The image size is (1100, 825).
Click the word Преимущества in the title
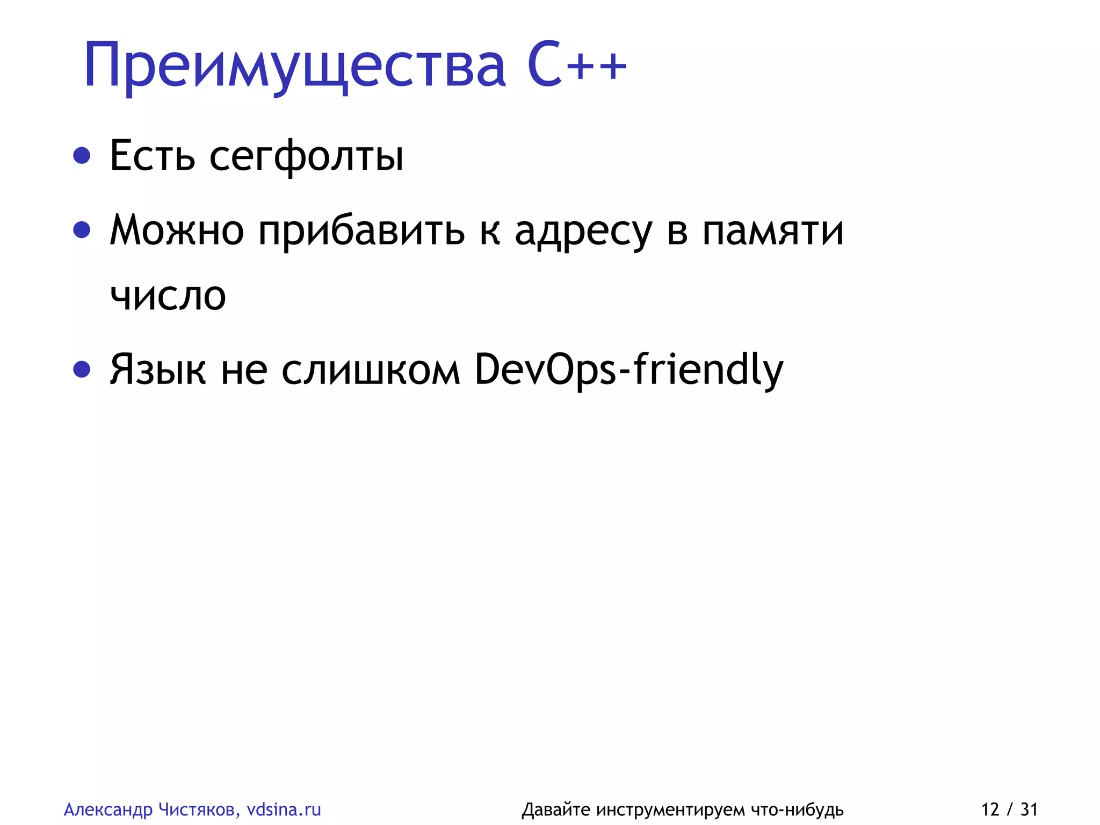click(x=294, y=66)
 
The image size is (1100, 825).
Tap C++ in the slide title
click(x=577, y=65)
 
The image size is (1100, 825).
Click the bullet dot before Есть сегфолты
click(x=82, y=156)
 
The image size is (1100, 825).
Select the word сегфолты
click(x=306, y=156)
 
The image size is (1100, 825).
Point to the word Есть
click(x=152, y=156)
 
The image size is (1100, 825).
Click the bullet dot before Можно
click(x=82, y=230)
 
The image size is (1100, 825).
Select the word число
click(x=168, y=296)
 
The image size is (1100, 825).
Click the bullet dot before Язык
click(x=82, y=369)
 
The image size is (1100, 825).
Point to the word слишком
click(x=371, y=370)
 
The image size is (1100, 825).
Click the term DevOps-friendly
click(x=629, y=370)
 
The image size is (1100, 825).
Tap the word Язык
click(x=157, y=370)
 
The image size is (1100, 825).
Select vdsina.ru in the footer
click(x=284, y=809)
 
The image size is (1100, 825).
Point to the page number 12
click(x=990, y=809)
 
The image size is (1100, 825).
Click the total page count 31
click(x=1029, y=809)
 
